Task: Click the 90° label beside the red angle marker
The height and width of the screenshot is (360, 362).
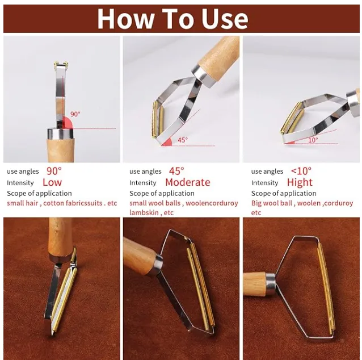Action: (75, 114)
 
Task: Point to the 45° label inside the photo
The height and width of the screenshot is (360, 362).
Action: (183, 140)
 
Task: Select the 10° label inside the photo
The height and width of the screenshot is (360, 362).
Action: (313, 140)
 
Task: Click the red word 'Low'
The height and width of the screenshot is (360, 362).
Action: (52, 182)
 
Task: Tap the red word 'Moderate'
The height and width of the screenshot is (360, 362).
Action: (188, 182)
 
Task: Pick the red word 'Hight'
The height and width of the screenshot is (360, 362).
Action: (300, 182)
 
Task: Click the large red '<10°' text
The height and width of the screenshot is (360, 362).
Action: (301, 171)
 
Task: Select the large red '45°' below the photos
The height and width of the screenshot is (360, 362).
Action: (176, 171)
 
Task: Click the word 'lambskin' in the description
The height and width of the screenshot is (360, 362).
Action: (144, 212)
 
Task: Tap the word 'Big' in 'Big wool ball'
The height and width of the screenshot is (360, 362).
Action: (256, 204)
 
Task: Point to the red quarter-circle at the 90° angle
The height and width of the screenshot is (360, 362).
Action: (68, 123)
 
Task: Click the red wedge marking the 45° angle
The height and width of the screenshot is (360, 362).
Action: (167, 142)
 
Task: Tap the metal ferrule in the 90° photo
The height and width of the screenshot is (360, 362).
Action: (60, 134)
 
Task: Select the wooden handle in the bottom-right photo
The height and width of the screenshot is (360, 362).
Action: (255, 284)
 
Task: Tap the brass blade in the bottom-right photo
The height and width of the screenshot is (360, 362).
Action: (326, 289)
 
